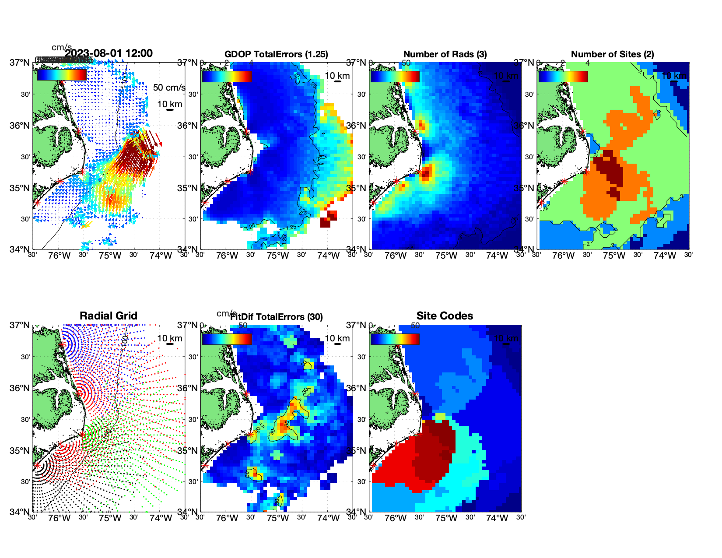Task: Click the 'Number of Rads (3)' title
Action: click(x=445, y=54)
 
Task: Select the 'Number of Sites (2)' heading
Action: click(x=612, y=54)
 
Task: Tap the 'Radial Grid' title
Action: click(x=109, y=316)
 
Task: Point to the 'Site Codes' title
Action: click(x=445, y=316)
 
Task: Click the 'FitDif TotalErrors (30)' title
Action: click(x=277, y=317)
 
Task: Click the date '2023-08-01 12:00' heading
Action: click(x=109, y=53)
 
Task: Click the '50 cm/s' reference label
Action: click(x=169, y=88)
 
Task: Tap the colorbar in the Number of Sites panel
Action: click(x=563, y=76)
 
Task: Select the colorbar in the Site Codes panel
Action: click(x=395, y=339)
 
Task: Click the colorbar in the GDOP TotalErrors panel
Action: click(x=227, y=76)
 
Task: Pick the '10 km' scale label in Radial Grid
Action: click(x=169, y=338)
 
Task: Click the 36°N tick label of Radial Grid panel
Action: click(x=19, y=388)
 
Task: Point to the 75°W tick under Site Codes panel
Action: click(x=446, y=518)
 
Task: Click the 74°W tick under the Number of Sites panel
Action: click(x=664, y=256)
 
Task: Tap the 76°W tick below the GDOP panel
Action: click(x=227, y=256)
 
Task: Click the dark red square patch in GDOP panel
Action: click(x=328, y=219)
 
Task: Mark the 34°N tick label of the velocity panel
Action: click(x=19, y=249)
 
